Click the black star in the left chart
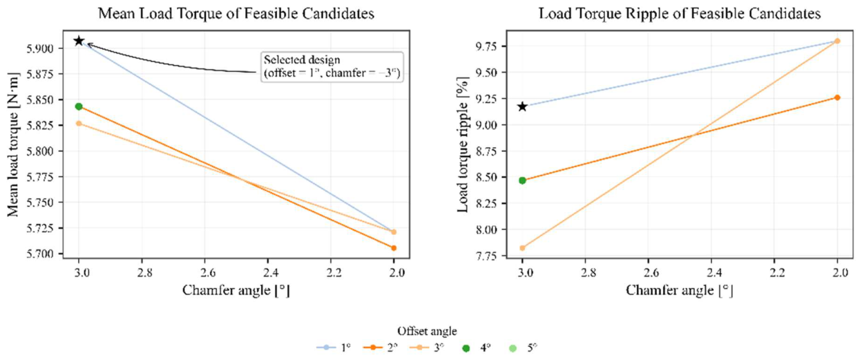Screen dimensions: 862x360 pos(79,41)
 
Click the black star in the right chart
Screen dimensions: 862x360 pos(522,106)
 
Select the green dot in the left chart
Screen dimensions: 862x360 pos(79,106)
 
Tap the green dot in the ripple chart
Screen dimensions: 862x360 pos(522,180)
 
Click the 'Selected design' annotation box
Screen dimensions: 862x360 pos(332,67)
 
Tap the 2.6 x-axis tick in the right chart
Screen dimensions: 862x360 pos(648,273)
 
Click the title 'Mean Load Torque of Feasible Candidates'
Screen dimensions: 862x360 pos(236,14)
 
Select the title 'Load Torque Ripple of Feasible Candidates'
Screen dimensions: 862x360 pos(680,14)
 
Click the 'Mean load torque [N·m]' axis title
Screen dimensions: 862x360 pos(13,144)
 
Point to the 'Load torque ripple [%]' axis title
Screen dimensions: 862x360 pos(463,144)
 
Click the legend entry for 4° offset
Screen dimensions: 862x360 pos(477,348)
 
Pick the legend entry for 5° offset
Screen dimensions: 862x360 pos(523,348)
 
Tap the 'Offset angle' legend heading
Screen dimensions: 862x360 pos(427,331)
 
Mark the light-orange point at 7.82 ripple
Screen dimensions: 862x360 pos(522,248)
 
